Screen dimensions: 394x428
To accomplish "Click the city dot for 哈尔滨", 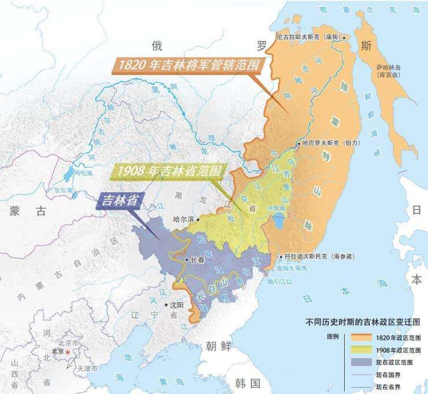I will coord(198,219).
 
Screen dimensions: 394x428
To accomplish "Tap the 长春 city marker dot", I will coord(186,259).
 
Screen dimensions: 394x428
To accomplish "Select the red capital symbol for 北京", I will coord(68,351).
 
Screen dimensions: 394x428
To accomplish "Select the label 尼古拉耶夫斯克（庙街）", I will coord(310,36).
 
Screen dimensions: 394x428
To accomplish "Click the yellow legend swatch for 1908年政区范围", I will coord(360,350).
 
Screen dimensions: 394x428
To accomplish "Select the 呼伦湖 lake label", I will coord(84,173).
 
